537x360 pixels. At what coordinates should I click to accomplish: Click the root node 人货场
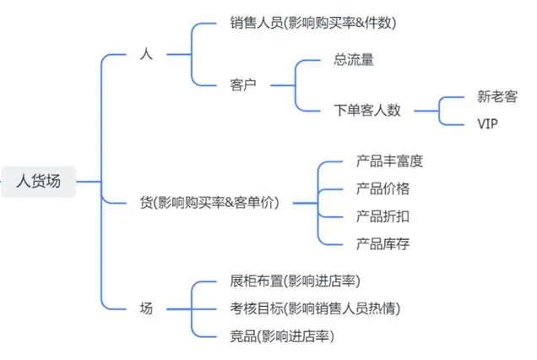(39, 180)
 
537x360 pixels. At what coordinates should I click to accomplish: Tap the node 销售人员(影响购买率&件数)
(312, 23)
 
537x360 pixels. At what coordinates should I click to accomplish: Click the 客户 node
(243, 85)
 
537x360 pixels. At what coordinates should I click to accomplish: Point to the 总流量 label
(354, 60)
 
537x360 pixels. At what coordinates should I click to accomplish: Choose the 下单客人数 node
(367, 110)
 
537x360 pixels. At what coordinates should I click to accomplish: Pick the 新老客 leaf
(496, 96)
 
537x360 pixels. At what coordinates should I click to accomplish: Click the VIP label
(488, 123)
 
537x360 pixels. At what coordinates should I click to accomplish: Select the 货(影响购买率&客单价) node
(209, 203)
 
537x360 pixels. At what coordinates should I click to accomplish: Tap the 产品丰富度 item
(389, 161)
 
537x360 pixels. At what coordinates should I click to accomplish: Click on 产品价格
(382, 188)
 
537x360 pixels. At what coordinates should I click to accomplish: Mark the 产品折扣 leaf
(382, 216)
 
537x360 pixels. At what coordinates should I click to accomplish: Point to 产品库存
(382, 244)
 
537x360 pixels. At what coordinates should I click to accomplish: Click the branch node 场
(145, 308)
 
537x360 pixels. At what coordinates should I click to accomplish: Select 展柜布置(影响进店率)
(300, 281)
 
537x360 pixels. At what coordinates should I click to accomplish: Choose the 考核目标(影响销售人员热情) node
(315, 308)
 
